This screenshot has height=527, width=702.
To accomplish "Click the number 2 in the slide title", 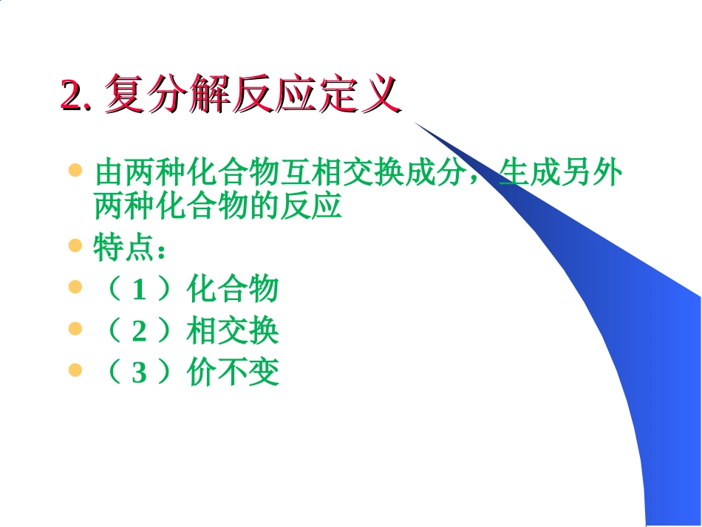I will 70,95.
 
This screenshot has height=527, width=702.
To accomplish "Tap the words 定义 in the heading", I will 360,95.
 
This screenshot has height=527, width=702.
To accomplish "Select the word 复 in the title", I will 125,95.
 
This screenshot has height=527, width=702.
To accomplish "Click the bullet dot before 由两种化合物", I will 75,171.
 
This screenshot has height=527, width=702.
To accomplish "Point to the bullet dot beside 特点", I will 75,245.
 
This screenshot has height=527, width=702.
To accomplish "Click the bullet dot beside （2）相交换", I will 75,327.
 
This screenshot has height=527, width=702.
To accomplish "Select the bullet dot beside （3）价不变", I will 75,369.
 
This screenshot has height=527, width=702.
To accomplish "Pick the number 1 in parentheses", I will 139,290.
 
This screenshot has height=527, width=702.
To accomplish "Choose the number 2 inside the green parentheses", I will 139,331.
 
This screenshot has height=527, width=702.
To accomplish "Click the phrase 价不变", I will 233,373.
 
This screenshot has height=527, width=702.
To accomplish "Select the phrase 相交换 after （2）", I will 233,330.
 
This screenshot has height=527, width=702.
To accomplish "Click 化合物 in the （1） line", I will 233,289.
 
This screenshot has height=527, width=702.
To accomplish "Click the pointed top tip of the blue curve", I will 415,123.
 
